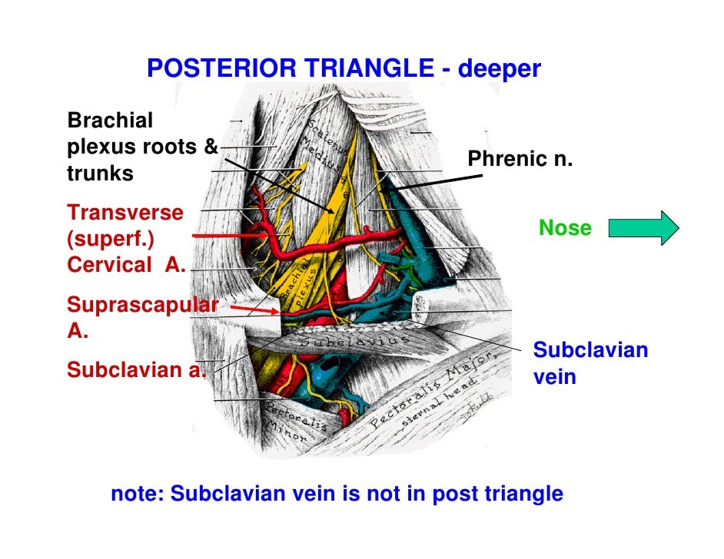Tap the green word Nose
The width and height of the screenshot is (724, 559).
[565, 228]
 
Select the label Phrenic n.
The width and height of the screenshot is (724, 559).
[520, 160]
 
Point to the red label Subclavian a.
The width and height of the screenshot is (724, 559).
[136, 370]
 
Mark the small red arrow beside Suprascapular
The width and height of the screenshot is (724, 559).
[253, 309]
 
